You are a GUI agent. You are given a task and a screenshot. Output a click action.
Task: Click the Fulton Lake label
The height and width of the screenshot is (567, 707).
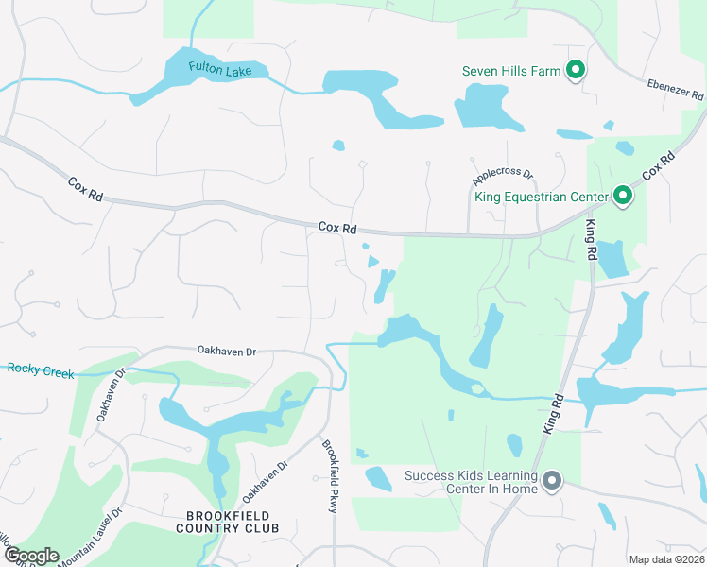click(214, 68)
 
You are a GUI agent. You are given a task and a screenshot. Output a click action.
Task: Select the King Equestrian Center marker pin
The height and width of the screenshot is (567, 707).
click(622, 197)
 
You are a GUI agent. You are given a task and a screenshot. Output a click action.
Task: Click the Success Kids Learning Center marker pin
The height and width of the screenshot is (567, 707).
click(552, 482)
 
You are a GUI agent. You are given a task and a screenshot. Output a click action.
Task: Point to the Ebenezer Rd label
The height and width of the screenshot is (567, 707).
click(675, 89)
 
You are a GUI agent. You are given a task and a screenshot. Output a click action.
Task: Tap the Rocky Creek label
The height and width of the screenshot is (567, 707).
click(40, 371)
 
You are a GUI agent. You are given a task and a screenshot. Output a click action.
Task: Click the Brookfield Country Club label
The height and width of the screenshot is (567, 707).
click(228, 522)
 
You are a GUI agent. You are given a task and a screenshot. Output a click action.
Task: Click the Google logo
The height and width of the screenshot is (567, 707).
click(30, 555)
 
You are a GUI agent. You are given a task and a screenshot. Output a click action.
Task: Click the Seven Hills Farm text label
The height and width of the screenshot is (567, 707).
click(511, 71)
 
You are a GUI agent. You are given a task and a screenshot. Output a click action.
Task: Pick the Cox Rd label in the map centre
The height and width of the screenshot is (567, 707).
click(337, 227)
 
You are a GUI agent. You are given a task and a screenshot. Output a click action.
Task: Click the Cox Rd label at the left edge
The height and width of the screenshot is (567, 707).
click(85, 189)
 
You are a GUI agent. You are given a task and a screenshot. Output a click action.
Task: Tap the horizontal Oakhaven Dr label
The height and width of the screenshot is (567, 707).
click(227, 352)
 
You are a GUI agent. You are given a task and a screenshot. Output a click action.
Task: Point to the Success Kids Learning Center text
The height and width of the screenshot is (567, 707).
click(472, 482)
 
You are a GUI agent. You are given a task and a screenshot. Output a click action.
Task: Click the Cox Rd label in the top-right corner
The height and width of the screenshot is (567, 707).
click(661, 164)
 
